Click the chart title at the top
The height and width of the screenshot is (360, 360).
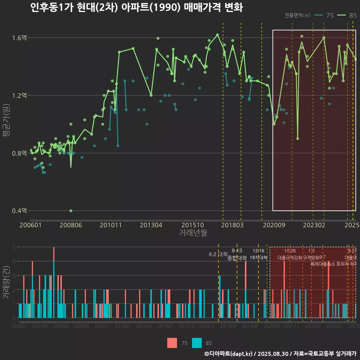click(136, 7)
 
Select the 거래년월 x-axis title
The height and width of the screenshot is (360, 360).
click(193, 233)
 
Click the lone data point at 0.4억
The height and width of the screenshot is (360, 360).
click(71, 211)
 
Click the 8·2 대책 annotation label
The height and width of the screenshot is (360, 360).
click(218, 254)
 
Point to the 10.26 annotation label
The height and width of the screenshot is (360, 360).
click(290, 251)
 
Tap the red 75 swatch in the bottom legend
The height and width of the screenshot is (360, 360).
click(172, 343)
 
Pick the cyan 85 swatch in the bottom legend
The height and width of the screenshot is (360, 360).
click(197, 343)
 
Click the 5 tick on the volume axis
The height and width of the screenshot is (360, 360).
click(14, 247)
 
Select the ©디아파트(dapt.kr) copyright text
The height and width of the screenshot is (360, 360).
click(229, 354)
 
